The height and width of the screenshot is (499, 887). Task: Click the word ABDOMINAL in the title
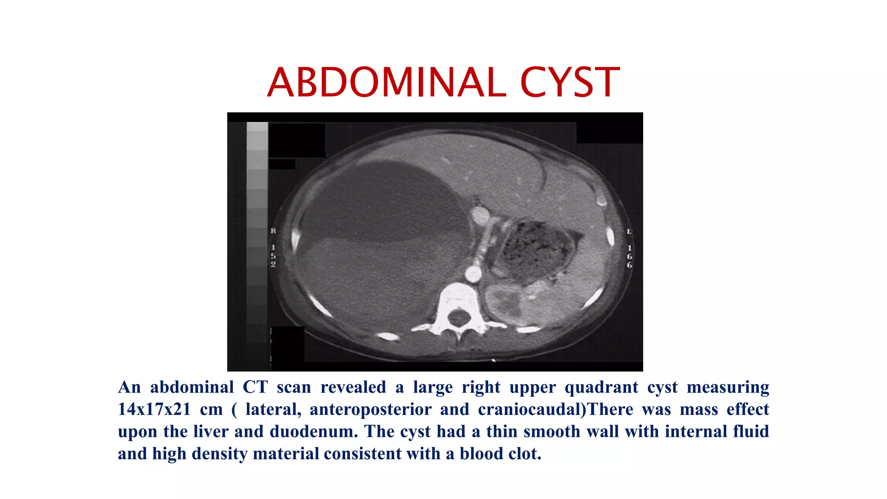tap(386, 82)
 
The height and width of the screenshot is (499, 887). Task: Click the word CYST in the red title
tap(570, 82)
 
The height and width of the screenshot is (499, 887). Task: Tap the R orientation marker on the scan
tap(273, 231)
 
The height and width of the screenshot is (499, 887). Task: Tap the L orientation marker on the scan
tap(629, 232)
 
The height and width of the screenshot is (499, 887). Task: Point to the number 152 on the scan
tap(273, 256)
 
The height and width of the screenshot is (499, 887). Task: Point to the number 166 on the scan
tap(629, 256)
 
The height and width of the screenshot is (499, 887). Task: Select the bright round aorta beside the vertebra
tap(473, 274)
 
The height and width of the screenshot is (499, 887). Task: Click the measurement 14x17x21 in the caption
tap(154, 409)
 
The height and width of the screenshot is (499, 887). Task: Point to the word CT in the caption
tap(255, 387)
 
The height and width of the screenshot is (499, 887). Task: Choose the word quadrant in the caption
tap(601, 387)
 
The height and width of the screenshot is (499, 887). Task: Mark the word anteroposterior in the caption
tap(370, 409)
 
